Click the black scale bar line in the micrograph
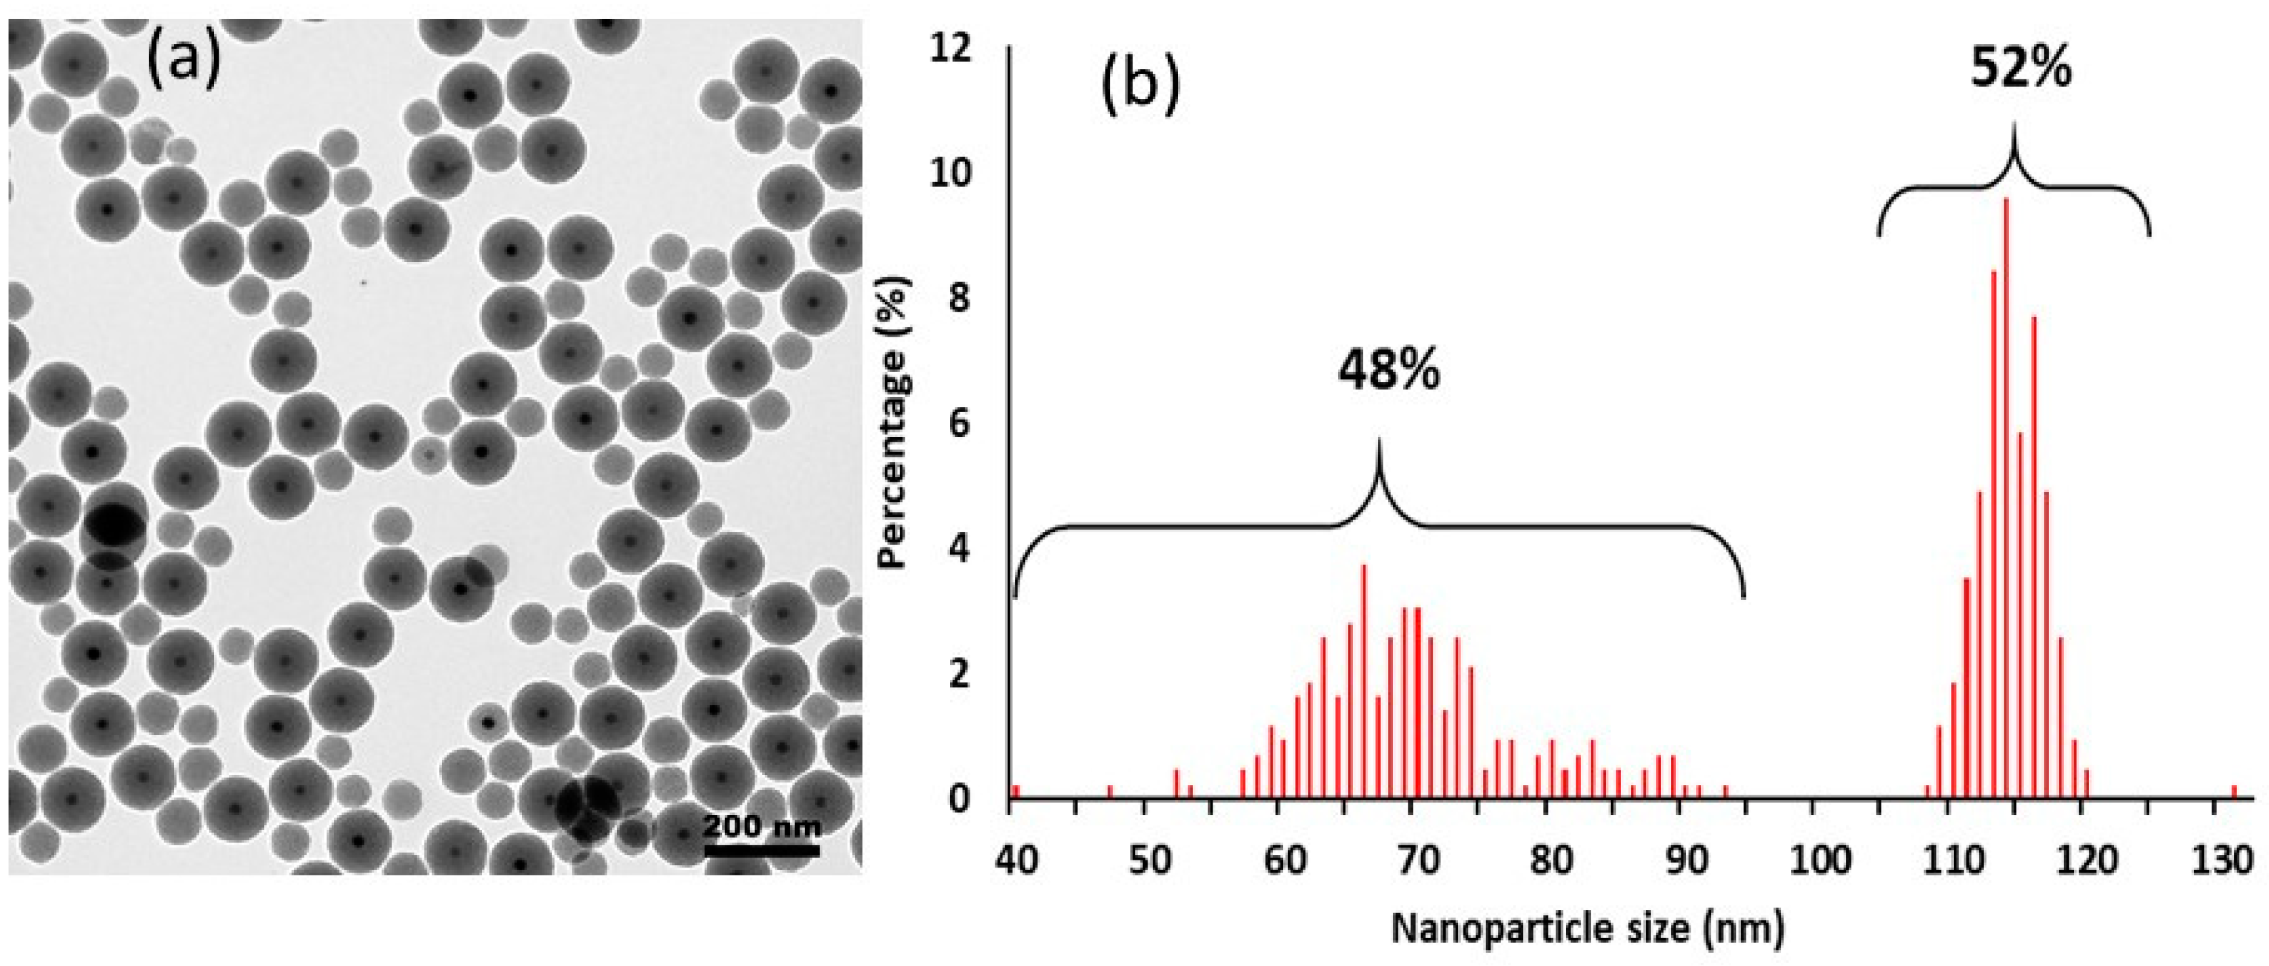tap(762, 850)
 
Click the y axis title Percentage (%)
tap(894, 423)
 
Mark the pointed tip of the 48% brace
tap(1379, 440)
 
